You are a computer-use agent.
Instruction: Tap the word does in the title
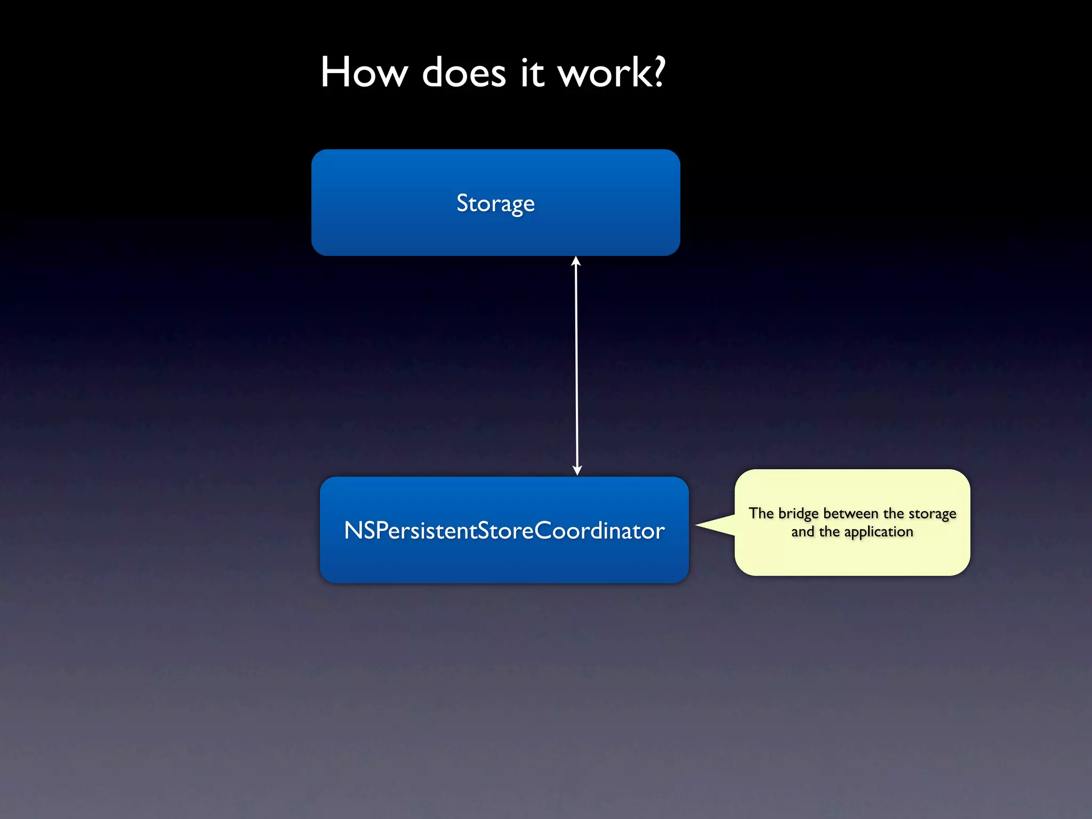(463, 73)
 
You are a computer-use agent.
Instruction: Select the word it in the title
(532, 73)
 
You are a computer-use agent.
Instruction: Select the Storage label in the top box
(495, 203)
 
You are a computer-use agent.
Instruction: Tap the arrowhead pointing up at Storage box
(576, 261)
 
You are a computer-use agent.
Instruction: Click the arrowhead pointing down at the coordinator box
(577, 470)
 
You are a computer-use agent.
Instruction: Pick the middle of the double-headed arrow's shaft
(576, 366)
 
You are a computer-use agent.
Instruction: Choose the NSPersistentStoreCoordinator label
(504, 531)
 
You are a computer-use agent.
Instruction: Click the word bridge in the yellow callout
(798, 513)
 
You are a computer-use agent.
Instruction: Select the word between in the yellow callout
(850, 513)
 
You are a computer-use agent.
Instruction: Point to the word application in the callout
(879, 532)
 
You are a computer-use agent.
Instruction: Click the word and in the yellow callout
(802, 532)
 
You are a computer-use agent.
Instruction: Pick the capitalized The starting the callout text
(761, 513)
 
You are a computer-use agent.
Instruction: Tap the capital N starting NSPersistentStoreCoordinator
(353, 531)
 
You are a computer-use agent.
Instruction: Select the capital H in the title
(333, 73)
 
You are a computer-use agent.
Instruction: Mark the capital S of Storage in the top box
(462, 203)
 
